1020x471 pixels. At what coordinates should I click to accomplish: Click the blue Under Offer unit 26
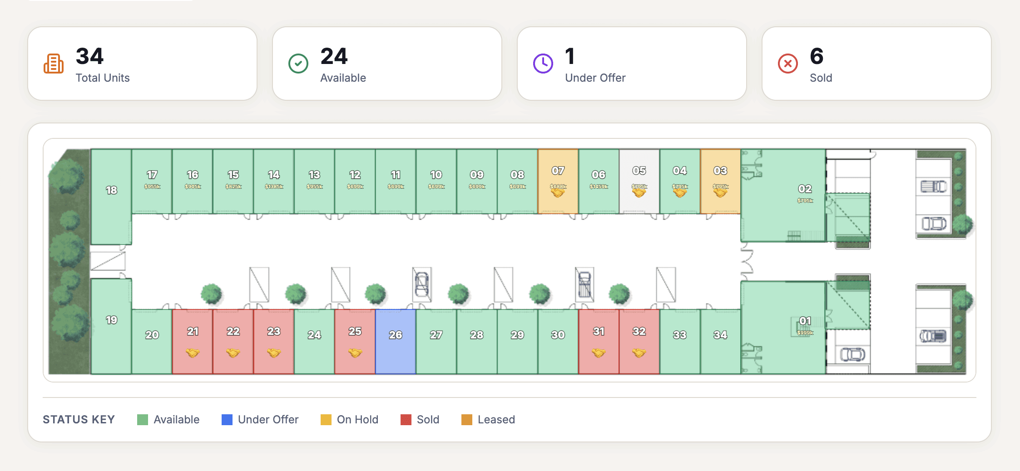coord(396,341)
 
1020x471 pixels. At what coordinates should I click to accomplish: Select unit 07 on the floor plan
coord(558,181)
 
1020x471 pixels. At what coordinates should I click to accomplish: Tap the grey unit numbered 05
coord(639,181)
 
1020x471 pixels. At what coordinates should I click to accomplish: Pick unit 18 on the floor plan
coord(111,196)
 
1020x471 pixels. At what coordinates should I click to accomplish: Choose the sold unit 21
coord(193,341)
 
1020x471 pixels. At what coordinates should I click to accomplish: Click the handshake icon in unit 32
coord(639,353)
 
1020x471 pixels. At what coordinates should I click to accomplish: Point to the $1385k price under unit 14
coord(274,186)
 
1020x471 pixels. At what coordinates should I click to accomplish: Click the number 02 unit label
coord(805,189)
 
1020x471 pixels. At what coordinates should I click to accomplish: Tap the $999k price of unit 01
coord(805,333)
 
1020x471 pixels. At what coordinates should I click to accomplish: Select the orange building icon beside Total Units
coord(54,64)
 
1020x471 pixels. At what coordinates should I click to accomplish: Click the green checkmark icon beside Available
coord(298,64)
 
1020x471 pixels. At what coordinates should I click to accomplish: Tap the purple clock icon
coord(543,64)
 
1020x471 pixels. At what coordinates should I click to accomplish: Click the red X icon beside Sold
coord(788,64)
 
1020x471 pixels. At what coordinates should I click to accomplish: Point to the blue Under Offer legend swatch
coord(227,420)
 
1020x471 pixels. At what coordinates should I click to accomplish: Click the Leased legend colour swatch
coord(467,420)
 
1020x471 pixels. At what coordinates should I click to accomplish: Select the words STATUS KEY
coord(79,420)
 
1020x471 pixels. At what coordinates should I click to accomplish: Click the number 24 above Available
coord(334,57)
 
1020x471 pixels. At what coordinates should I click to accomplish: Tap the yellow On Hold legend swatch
coord(326,420)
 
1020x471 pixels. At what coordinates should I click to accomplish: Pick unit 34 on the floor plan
coord(720,341)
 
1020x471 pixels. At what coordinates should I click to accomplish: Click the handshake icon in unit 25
coord(355,353)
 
